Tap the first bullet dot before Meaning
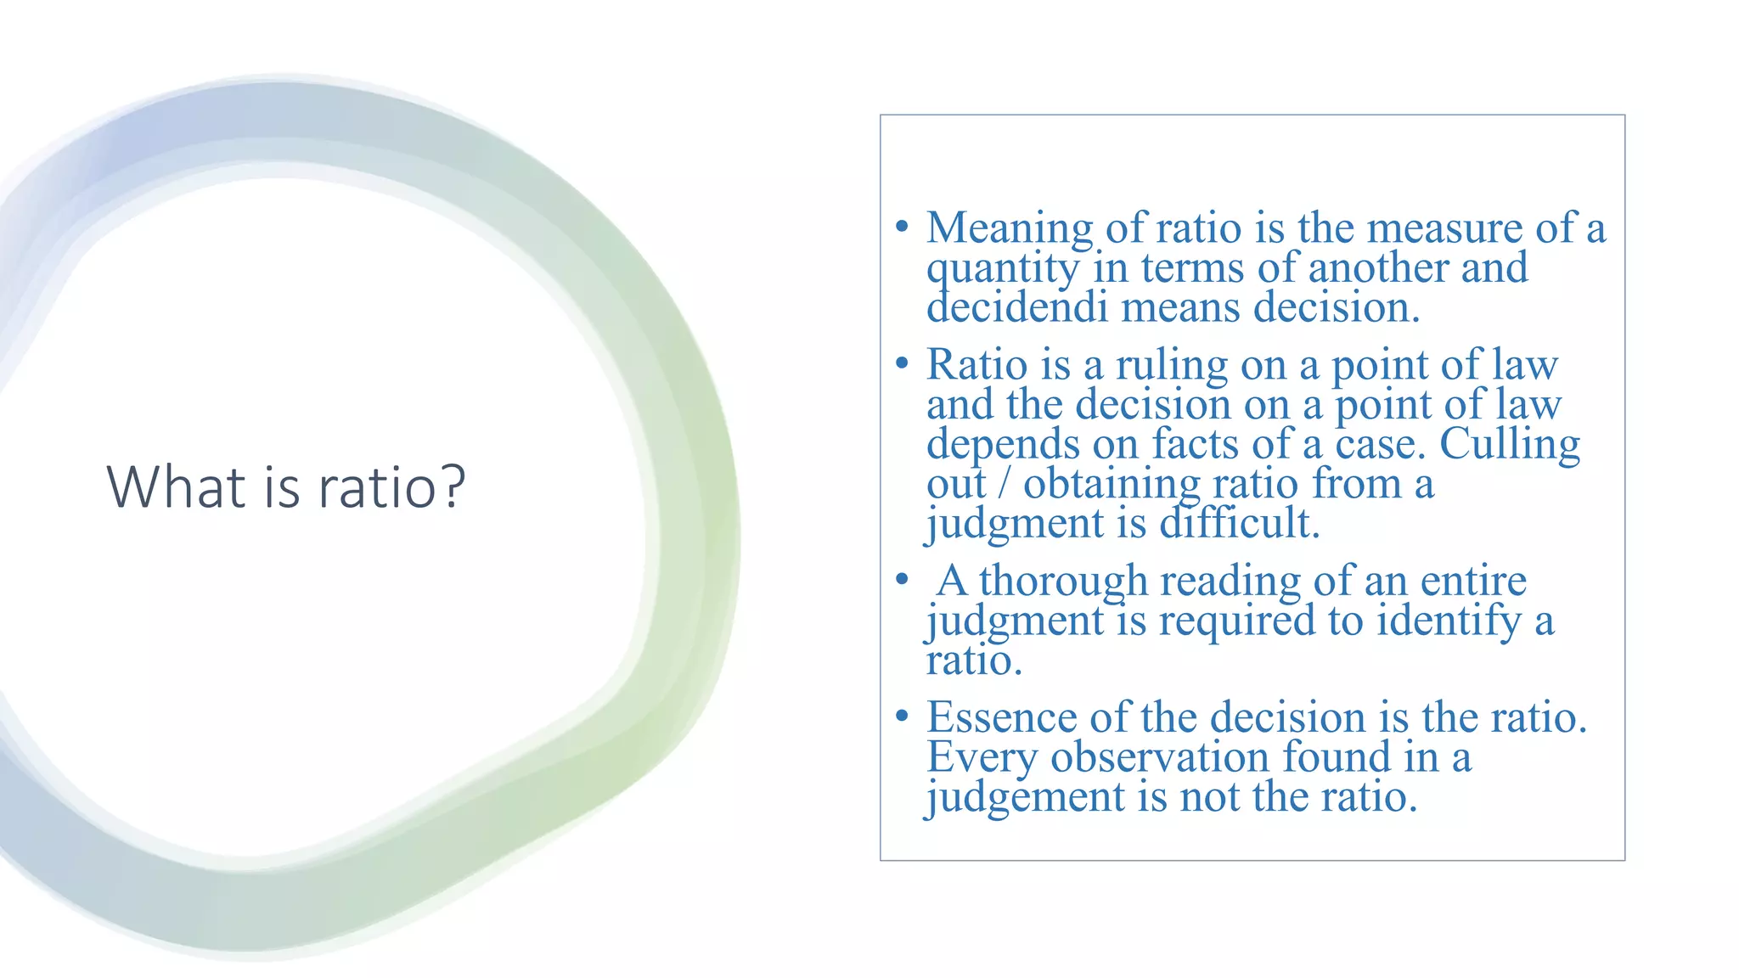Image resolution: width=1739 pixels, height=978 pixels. point(902,228)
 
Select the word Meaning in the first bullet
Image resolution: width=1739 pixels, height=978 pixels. point(1010,229)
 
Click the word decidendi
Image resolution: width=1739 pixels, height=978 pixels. point(1017,307)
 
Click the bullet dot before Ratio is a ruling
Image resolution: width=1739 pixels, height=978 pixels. point(902,364)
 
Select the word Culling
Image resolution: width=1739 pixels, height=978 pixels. point(1510,444)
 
